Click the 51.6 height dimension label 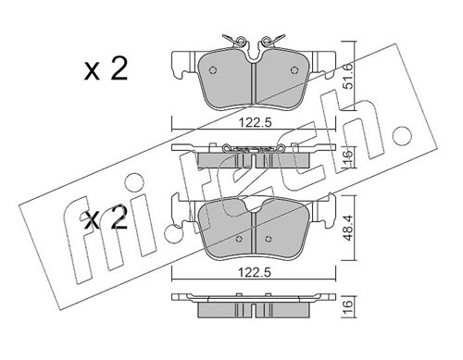point(349,76)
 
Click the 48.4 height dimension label point(349,229)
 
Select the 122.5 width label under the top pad point(255,123)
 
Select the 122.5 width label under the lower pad point(255,273)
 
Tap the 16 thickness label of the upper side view point(348,157)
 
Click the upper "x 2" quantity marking point(106,69)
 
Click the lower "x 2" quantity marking point(106,218)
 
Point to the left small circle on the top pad point(213,70)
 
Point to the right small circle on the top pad point(294,70)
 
